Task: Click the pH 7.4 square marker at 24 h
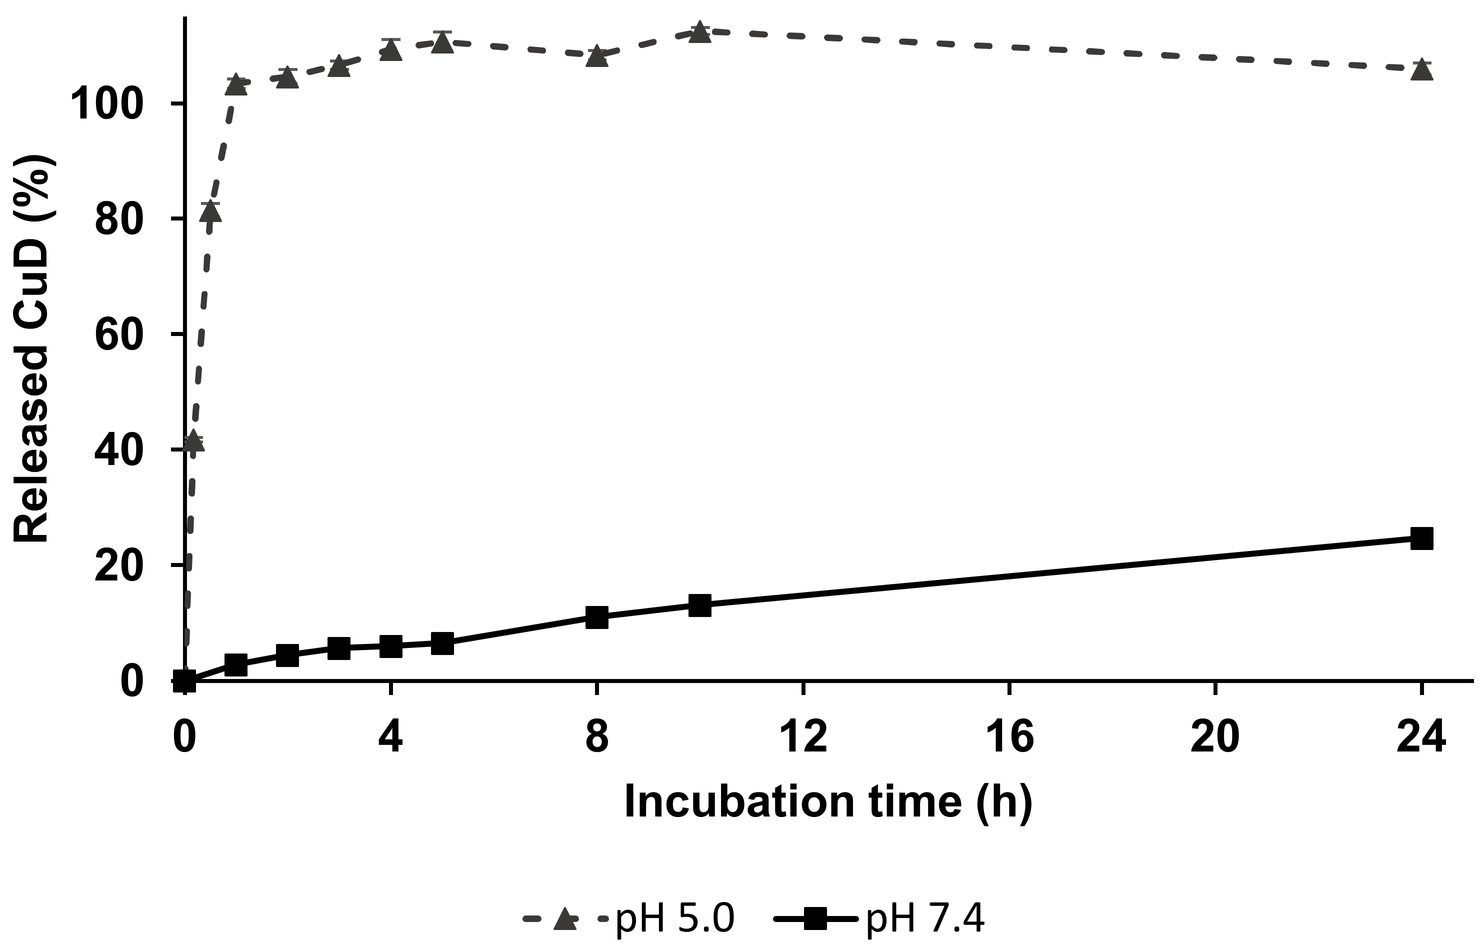[x=1421, y=538]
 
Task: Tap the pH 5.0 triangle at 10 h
[x=699, y=32]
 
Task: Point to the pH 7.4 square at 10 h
[x=699, y=605]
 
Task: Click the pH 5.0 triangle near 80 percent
[x=210, y=211]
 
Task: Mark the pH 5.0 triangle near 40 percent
[x=193, y=441]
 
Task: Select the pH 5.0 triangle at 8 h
[x=596, y=57]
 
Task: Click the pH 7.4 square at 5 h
[x=442, y=643]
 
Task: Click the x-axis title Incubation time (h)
[x=828, y=802]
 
